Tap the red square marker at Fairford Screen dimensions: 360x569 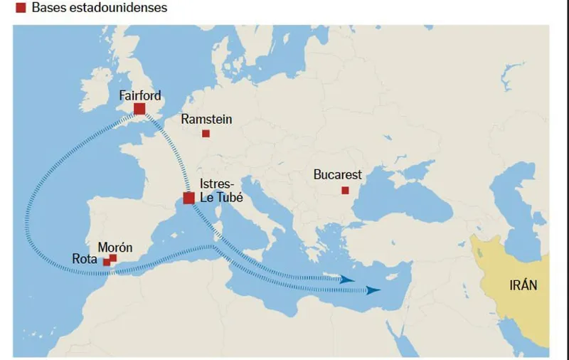pos(139,109)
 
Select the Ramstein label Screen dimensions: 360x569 pos(206,120)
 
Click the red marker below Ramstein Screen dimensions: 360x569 pos(206,134)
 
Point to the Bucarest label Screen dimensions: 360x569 pos(338,175)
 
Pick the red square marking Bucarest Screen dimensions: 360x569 pos(345,190)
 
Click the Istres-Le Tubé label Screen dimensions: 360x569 pos(221,191)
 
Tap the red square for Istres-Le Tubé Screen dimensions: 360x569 pos(189,198)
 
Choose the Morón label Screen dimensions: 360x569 pos(115,247)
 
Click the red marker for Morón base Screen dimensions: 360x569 pos(113,258)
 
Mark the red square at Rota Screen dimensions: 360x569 pos(107,263)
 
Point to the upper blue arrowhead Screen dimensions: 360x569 pos(348,280)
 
